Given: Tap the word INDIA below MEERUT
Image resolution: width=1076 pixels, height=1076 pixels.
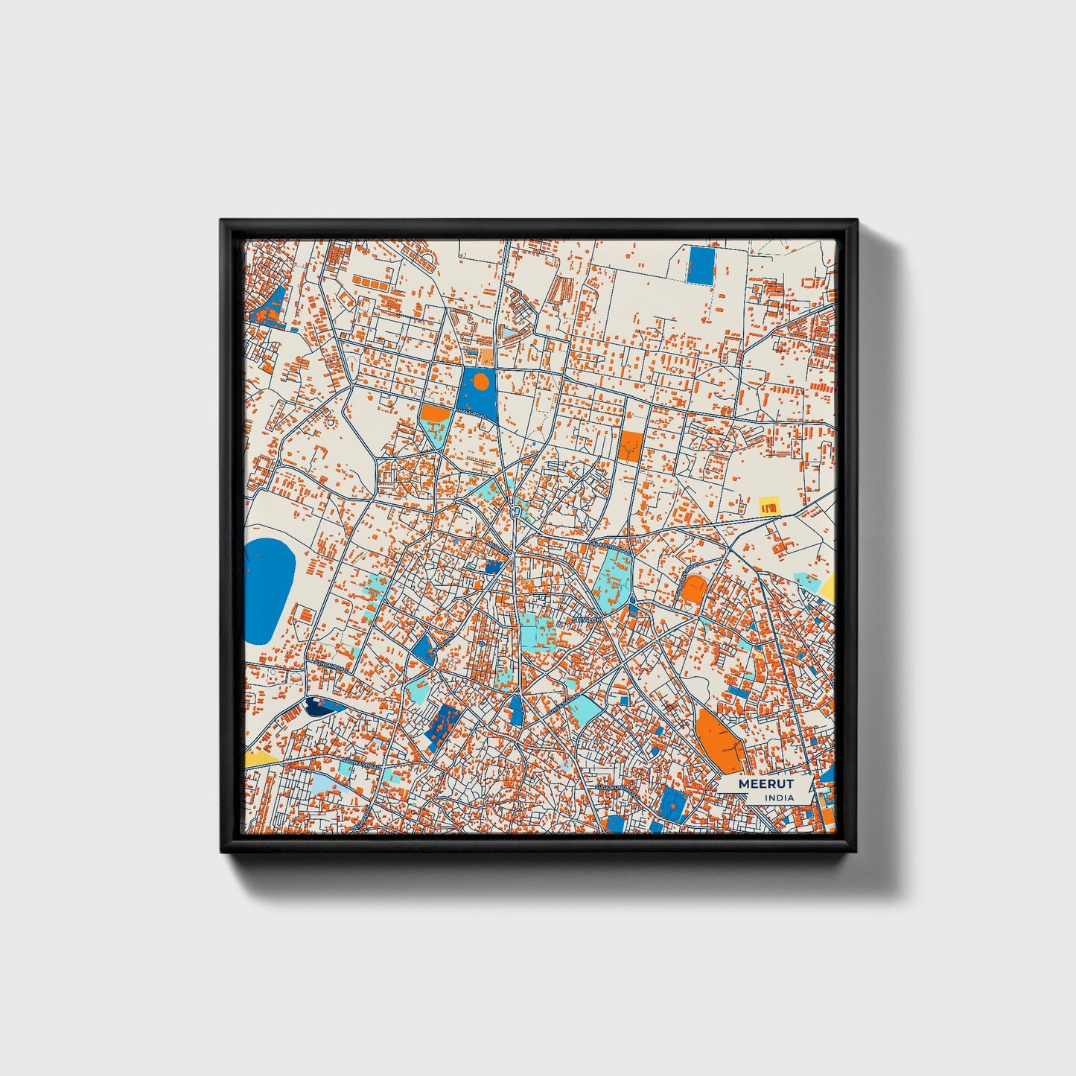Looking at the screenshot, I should (779, 798).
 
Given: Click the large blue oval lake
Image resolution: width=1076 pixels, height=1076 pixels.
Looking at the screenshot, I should (267, 592).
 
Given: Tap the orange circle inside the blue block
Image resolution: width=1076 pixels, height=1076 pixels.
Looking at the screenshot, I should (481, 383).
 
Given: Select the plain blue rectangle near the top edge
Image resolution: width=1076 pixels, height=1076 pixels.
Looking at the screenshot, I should (700, 264).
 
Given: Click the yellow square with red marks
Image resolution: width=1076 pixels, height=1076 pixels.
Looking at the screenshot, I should (768, 506).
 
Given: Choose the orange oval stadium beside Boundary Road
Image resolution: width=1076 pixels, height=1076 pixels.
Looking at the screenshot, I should (694, 590).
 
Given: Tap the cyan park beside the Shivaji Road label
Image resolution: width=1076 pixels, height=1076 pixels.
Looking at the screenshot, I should (585, 709).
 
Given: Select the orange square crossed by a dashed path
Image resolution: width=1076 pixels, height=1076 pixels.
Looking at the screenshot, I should (630, 446).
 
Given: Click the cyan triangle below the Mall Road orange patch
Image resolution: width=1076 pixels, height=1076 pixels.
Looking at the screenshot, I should (435, 434).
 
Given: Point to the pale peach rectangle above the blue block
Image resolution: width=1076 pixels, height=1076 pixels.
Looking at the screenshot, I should (486, 357).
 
